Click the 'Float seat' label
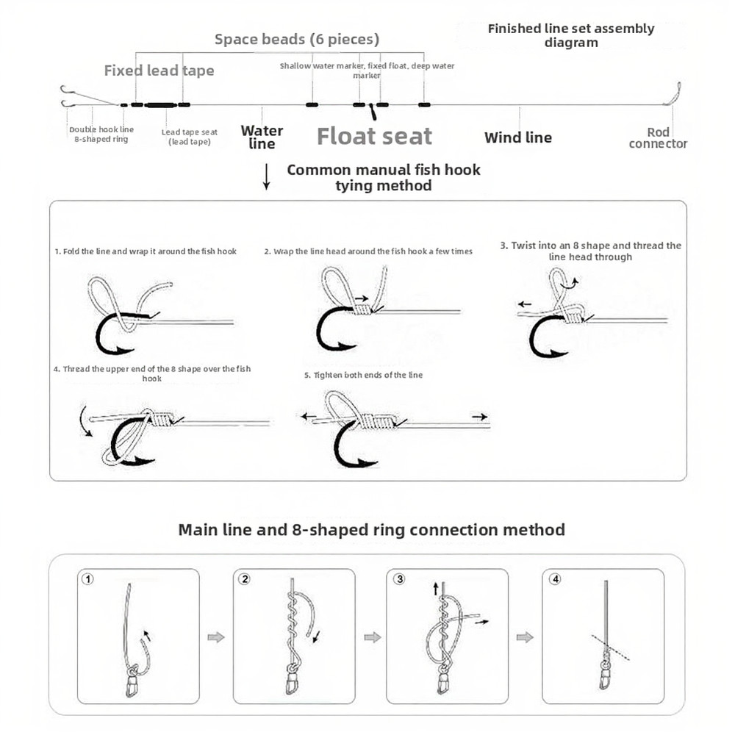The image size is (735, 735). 374,137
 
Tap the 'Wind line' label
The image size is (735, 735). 517,137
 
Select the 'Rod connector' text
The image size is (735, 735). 658,138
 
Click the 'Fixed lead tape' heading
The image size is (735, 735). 159,71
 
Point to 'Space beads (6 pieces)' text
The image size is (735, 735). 296,39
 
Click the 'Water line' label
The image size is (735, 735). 262,137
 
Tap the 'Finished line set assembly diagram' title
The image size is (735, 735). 570,35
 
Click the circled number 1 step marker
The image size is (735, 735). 88,579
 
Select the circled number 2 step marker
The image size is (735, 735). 245,579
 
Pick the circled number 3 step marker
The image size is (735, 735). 399,579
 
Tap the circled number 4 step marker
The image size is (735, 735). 555,579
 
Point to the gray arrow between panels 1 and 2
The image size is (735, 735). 216,637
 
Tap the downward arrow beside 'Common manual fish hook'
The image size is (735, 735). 266,178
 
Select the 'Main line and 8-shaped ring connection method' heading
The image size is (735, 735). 371,529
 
